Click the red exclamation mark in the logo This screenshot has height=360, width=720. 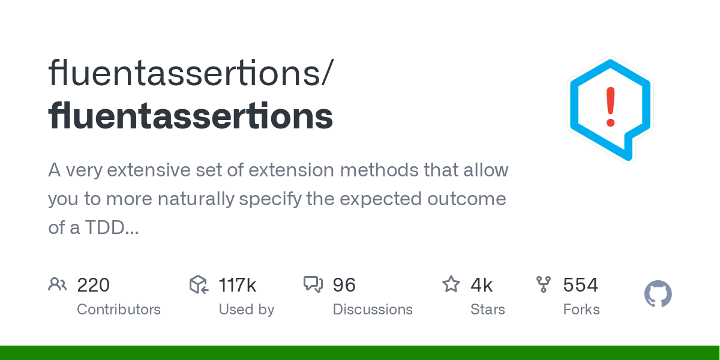(x=611, y=107)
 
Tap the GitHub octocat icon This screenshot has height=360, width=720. (x=658, y=295)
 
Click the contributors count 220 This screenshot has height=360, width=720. (x=93, y=285)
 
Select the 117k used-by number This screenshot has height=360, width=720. (x=237, y=285)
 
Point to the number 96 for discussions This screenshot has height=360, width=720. (x=344, y=285)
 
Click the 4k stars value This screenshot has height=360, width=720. (x=481, y=285)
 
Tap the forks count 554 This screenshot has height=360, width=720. (x=580, y=285)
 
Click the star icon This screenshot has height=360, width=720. (x=451, y=284)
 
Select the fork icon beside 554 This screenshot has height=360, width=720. (x=544, y=284)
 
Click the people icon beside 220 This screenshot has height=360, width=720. (x=58, y=284)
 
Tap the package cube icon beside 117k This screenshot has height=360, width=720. (x=199, y=284)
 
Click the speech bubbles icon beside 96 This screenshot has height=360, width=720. (x=313, y=284)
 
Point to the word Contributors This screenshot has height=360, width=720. (x=119, y=310)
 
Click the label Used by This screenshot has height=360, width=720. (x=246, y=310)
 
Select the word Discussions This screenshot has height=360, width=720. (x=373, y=310)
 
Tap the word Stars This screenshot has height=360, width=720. (x=488, y=310)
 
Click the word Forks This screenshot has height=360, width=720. (x=581, y=310)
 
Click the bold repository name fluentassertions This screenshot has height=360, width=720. (x=190, y=116)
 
